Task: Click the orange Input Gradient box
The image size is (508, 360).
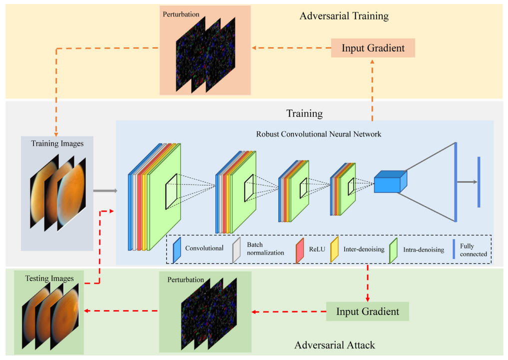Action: [x=373, y=48]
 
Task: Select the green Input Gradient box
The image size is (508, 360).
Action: [x=367, y=311]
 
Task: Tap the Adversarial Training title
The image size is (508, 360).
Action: [x=344, y=16]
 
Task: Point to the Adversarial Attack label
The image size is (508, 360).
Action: [x=335, y=345]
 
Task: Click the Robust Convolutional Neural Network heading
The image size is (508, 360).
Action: [x=305, y=134]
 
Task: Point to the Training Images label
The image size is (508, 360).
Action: [x=57, y=143]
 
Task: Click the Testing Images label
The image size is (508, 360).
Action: [x=49, y=278]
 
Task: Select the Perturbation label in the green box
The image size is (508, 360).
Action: [x=186, y=279]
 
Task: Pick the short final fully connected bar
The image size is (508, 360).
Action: [x=479, y=181]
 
